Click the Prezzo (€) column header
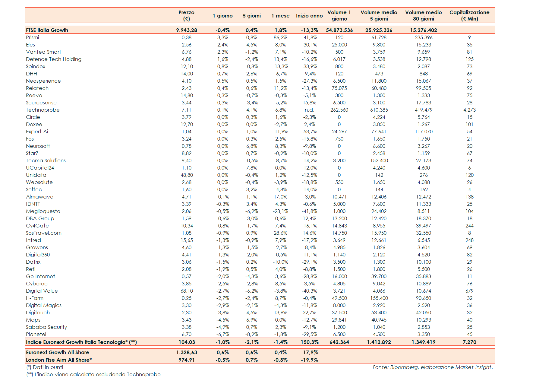click(x=186, y=16)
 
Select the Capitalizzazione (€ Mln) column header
click(x=469, y=16)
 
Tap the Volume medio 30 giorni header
click(x=423, y=16)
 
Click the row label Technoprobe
click(x=43, y=110)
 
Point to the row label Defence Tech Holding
click(x=54, y=59)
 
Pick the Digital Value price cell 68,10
click(x=187, y=291)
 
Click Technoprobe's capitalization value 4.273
click(x=469, y=110)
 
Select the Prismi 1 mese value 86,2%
click(x=280, y=37)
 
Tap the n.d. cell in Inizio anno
click(x=309, y=110)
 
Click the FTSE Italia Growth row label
click(x=47, y=30)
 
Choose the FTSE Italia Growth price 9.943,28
click(x=187, y=30)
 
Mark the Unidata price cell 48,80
click(x=187, y=175)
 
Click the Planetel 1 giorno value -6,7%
click(x=223, y=334)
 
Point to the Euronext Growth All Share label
click(x=58, y=352)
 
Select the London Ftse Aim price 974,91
click(x=187, y=360)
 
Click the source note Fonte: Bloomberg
click(x=432, y=367)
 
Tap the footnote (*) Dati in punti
click(x=45, y=367)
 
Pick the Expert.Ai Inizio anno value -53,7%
click(x=309, y=132)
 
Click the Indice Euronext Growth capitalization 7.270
click(x=469, y=342)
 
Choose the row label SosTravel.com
click(x=44, y=233)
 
